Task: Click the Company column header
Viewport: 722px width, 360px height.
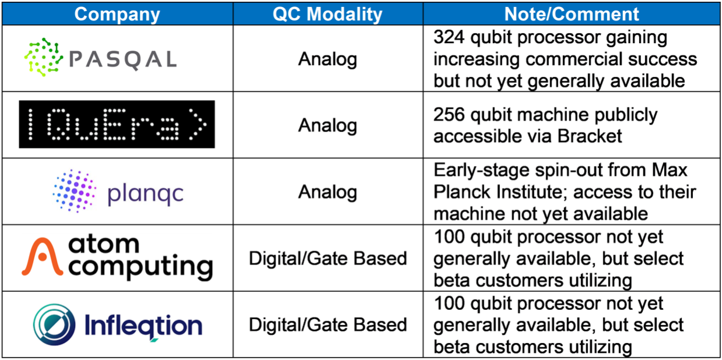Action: point(117,15)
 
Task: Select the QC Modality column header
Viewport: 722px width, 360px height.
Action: point(327,14)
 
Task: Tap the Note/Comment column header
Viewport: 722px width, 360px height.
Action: point(572,14)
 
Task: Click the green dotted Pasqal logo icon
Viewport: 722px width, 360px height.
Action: point(44,57)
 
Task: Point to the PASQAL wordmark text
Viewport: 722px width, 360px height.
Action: point(123,60)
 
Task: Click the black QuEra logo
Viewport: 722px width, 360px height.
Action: point(117,125)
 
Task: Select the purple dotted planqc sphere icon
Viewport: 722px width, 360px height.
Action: point(74,191)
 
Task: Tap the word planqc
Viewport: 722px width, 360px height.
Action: point(145,195)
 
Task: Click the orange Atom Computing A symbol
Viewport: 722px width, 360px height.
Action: point(42,256)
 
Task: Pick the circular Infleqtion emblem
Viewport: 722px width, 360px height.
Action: point(54,324)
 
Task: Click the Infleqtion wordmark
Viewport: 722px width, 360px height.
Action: point(143,326)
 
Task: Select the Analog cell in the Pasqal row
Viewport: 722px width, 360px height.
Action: point(327,59)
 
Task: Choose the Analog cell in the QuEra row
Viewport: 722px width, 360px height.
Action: point(327,125)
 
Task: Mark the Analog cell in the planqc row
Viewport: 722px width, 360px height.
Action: point(327,192)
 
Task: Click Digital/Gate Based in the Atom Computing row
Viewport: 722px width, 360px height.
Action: point(328,259)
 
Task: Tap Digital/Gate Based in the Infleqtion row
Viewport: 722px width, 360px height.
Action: point(328,324)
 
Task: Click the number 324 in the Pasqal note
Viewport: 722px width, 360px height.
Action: point(449,37)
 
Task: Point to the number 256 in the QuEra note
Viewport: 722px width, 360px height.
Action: point(449,114)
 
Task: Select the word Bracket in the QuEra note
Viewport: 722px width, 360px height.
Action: point(590,136)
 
